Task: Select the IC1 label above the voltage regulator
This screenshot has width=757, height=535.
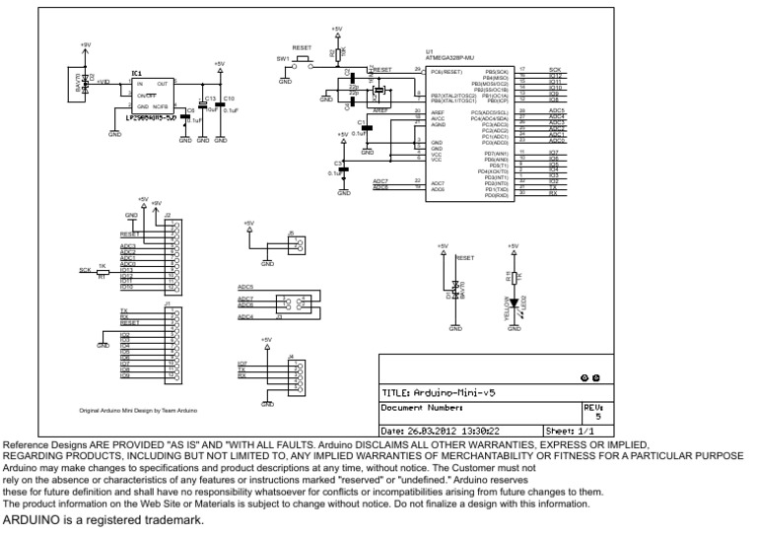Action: tap(137, 74)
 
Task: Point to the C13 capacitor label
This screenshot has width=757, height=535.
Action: tap(210, 100)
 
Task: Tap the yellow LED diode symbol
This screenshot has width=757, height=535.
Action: tap(513, 302)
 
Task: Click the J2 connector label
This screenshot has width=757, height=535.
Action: tap(168, 215)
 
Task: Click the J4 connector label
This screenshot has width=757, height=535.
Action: tap(290, 356)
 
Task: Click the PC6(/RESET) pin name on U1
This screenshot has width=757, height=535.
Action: tap(447, 71)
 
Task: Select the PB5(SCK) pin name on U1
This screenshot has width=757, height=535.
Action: tap(496, 71)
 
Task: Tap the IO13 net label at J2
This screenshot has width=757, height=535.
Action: tap(126, 270)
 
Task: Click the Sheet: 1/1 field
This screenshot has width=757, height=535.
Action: tap(570, 431)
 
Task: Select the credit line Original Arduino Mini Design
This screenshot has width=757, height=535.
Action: tap(139, 409)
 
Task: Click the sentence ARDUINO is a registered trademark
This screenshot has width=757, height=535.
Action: tap(103, 519)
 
